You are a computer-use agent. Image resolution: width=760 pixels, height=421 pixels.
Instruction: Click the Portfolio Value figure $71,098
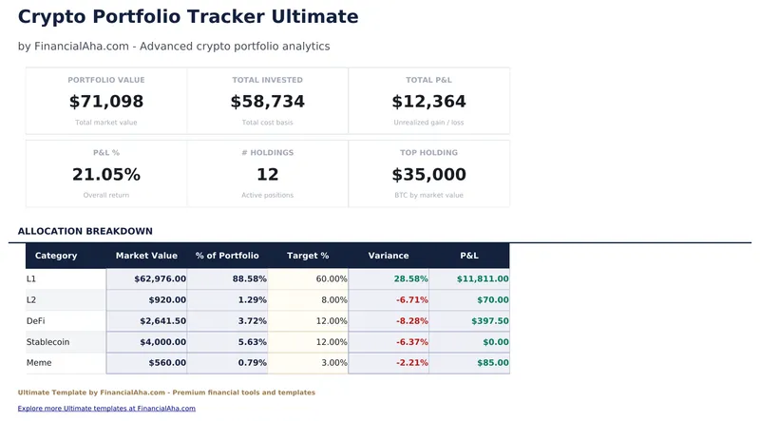(106, 102)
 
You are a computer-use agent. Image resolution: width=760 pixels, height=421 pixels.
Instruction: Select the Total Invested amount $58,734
(268, 102)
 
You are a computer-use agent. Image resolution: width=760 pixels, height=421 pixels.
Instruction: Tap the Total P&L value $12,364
(429, 102)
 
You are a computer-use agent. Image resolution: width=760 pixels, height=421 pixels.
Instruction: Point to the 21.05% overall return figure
(106, 175)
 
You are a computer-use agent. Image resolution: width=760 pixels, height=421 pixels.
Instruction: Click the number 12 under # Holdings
(268, 175)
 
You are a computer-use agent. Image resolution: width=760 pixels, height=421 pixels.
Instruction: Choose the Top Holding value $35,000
(429, 175)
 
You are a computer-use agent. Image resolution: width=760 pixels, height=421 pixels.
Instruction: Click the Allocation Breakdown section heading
(85, 231)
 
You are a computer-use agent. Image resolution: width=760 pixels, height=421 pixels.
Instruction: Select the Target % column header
(308, 256)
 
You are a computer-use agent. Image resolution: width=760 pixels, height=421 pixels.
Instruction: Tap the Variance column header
(389, 256)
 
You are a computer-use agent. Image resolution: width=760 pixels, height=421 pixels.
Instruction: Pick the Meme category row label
(39, 363)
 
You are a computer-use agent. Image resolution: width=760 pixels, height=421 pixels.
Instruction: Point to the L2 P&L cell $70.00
(489, 300)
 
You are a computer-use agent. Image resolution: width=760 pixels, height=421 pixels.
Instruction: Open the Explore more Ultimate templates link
(106, 409)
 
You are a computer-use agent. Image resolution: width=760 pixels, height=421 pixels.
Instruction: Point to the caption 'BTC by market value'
(429, 195)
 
